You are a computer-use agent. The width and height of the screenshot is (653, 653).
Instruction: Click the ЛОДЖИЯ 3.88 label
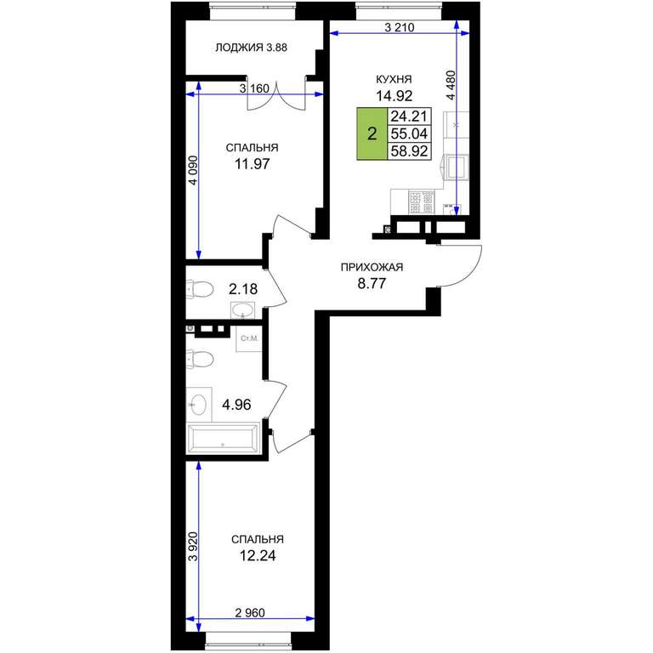(x=251, y=48)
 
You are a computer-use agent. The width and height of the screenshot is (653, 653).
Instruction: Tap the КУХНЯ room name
(x=394, y=79)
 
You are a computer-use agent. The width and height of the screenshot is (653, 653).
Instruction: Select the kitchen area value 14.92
(x=394, y=96)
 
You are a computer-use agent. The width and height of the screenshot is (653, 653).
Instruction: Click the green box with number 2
(x=372, y=133)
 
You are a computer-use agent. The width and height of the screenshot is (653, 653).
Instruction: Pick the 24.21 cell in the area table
(x=409, y=116)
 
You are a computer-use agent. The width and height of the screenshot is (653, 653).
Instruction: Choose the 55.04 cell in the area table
(x=409, y=133)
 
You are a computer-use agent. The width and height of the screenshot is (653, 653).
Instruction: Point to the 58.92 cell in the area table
(x=409, y=151)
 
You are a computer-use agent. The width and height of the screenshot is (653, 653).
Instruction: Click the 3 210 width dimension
(x=400, y=28)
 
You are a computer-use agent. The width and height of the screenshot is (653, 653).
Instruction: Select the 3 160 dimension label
(x=254, y=88)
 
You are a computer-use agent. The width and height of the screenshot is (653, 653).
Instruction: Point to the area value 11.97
(x=252, y=164)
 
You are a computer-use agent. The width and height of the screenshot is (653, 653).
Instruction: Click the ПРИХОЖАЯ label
(x=372, y=267)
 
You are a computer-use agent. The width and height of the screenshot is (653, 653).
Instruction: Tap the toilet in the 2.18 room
(x=200, y=289)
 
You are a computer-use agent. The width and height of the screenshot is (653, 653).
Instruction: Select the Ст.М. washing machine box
(x=249, y=338)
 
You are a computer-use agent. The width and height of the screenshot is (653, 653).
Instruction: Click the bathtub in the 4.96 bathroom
(x=224, y=437)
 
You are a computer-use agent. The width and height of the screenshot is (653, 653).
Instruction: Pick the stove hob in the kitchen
(x=421, y=202)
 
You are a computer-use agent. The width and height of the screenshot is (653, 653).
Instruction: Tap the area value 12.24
(x=258, y=555)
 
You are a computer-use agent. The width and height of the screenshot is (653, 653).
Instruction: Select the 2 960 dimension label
(x=250, y=612)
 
